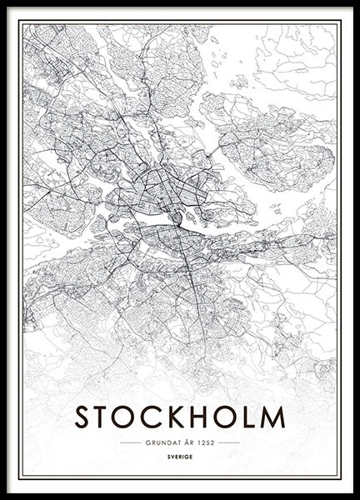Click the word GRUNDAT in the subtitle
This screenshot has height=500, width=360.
tap(161, 442)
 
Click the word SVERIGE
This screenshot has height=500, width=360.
tap(179, 456)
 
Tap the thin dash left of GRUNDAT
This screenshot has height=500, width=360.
tap(131, 442)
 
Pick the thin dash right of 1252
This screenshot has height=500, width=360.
tap(229, 442)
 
